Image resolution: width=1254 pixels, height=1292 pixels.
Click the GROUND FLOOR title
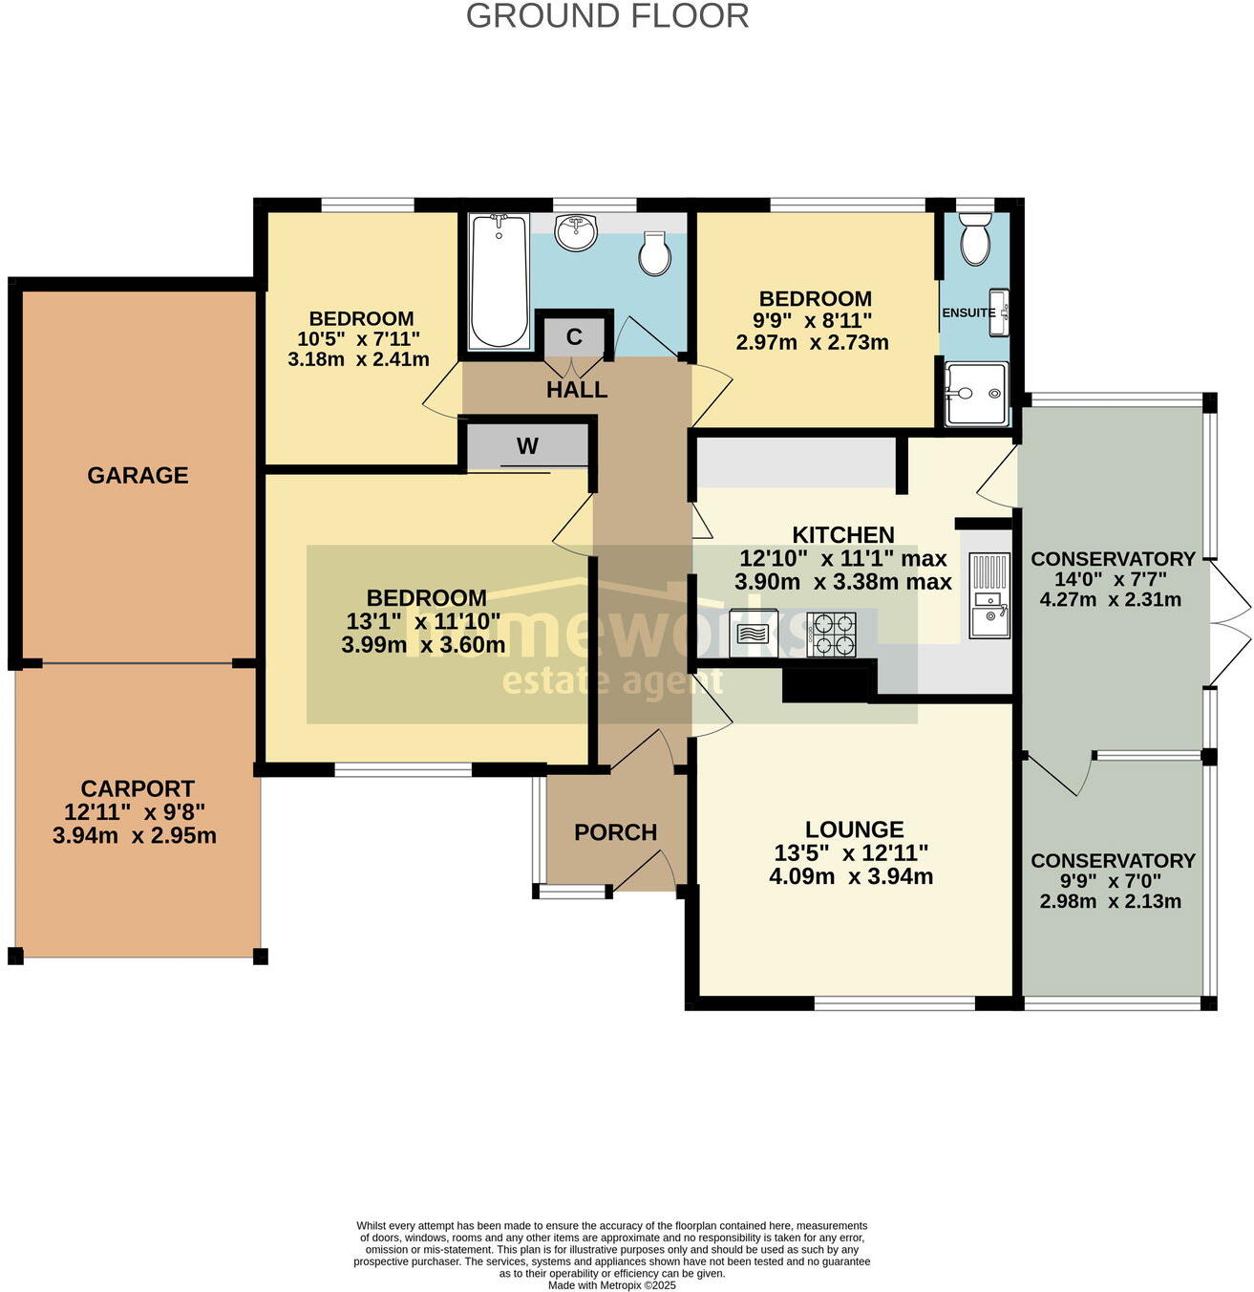point(606,16)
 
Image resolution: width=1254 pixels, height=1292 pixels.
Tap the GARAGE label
point(138,475)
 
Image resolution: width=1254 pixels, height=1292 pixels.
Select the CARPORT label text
point(138,788)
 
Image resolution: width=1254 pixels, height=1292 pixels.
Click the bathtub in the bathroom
point(499,281)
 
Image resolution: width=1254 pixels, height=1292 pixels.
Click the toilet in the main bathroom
point(655,253)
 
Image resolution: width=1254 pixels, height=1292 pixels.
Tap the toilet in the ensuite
point(975,240)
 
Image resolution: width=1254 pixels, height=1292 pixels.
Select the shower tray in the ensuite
point(975,393)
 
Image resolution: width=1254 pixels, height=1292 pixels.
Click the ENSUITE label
point(968,312)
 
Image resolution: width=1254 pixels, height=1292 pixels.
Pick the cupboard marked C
point(574,336)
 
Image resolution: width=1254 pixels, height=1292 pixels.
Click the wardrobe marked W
point(527,446)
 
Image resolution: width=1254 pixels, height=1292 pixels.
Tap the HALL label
point(577,390)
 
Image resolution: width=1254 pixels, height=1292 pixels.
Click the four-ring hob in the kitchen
point(831,634)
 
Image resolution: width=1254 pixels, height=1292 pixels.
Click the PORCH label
point(615,832)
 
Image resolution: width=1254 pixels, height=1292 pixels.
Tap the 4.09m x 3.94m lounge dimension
point(851,876)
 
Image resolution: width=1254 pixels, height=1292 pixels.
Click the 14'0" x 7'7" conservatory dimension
point(1111,580)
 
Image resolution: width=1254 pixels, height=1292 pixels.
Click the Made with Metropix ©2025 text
point(611,1285)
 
